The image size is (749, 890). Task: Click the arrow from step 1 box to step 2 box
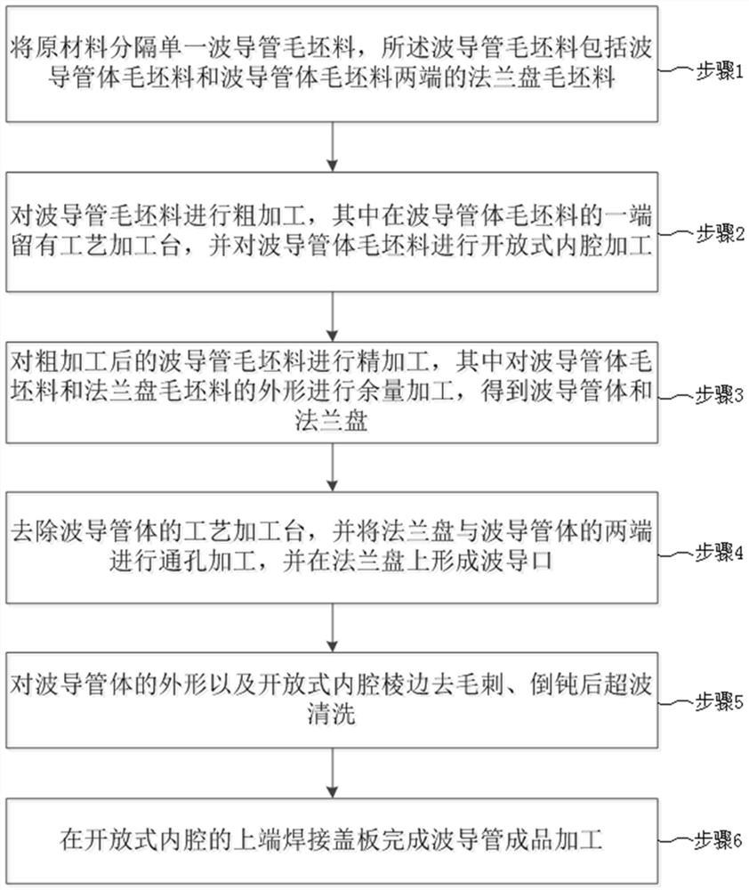(332, 147)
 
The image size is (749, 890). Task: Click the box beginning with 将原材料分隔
(332, 64)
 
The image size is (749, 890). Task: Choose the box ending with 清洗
(332, 700)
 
